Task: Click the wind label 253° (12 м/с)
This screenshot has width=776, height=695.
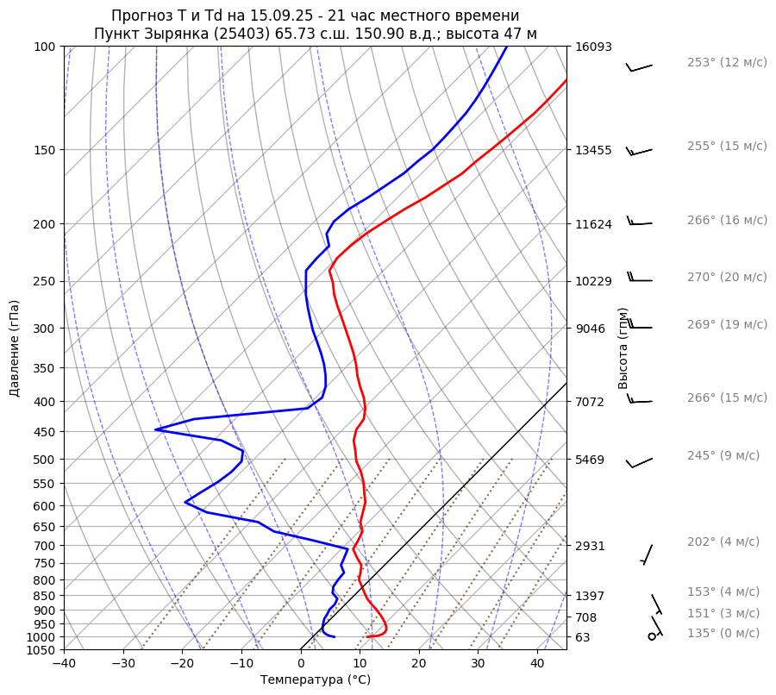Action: (x=727, y=63)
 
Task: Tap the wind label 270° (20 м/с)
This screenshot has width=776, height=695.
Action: (x=727, y=278)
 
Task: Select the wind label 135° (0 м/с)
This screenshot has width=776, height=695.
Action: (x=723, y=634)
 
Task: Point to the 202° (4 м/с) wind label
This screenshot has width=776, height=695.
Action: (x=723, y=542)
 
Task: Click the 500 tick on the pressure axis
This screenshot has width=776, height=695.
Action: (x=44, y=460)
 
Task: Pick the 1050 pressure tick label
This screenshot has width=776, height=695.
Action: (x=41, y=650)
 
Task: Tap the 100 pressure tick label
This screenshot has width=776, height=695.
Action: (x=44, y=47)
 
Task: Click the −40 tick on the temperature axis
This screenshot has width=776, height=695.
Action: (x=64, y=663)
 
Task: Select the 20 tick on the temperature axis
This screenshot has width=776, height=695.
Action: (x=419, y=663)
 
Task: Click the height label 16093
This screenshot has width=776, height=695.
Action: (x=593, y=47)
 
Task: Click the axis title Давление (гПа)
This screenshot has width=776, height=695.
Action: (x=15, y=348)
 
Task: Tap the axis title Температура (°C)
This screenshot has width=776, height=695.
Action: (x=316, y=680)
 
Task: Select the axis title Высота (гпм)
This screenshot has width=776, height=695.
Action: (x=623, y=348)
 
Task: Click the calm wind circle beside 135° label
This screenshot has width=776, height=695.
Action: (x=652, y=636)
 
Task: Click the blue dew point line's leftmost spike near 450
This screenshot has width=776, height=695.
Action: (x=156, y=429)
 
